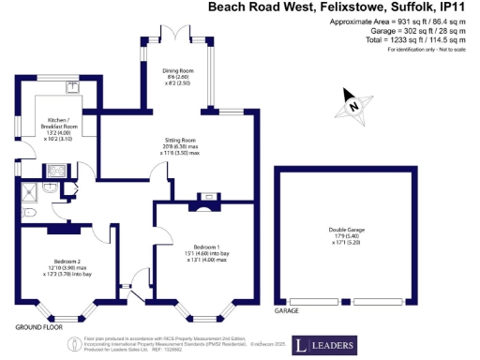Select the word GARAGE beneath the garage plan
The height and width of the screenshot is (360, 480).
coord(287,309)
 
